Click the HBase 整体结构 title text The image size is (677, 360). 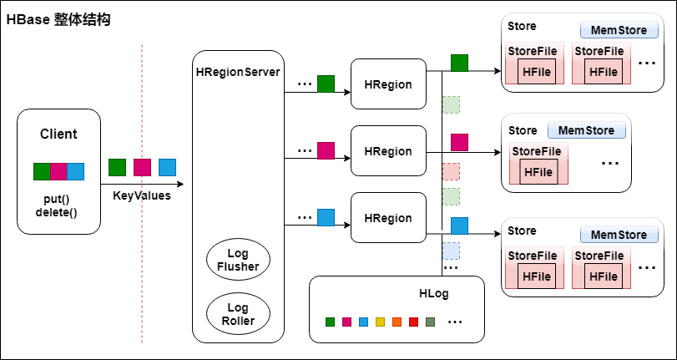click(x=58, y=19)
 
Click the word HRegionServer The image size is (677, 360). click(x=238, y=71)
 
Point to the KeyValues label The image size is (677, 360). click(x=142, y=195)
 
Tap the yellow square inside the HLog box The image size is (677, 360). click(x=380, y=322)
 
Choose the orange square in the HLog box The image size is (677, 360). click(x=397, y=322)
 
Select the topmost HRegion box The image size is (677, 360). click(x=388, y=84)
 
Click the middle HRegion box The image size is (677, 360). click(x=388, y=151)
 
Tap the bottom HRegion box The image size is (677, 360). click(x=388, y=218)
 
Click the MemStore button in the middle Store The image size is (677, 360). click(x=585, y=130)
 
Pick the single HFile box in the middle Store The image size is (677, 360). click(x=538, y=172)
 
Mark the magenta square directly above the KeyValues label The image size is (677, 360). click(x=142, y=167)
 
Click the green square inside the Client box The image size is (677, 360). click(x=42, y=171)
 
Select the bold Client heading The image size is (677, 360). click(x=58, y=134)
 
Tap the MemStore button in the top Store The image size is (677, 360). click(x=619, y=30)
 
